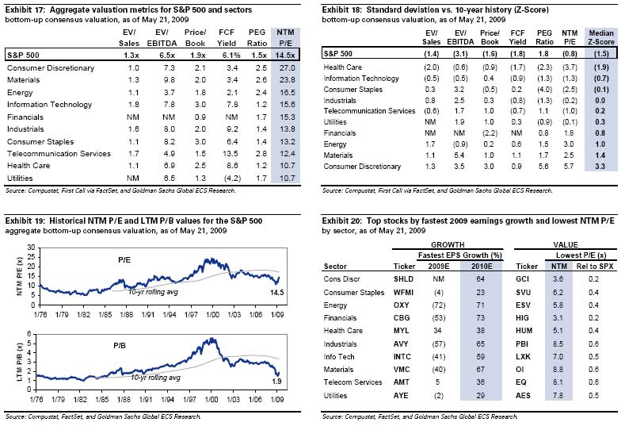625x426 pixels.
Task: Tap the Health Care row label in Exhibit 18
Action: click(347, 68)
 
